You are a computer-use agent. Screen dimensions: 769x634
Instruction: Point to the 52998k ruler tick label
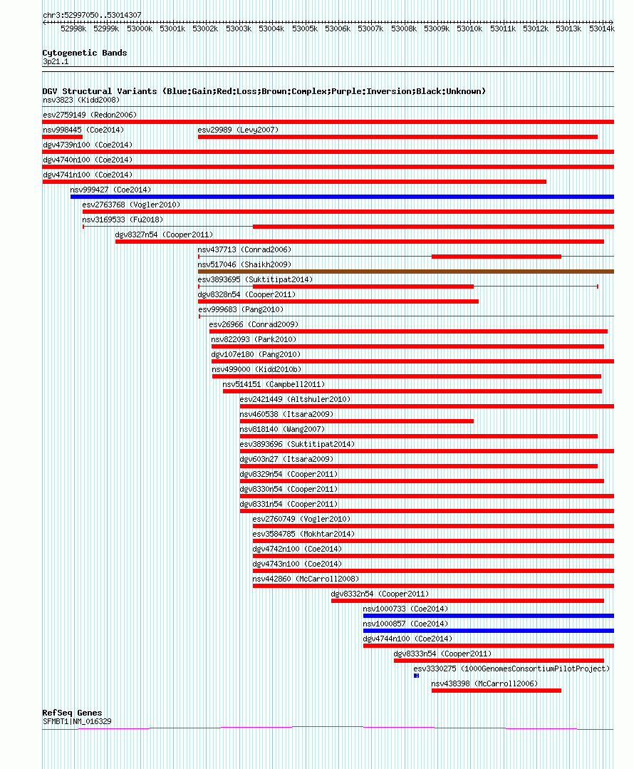73,29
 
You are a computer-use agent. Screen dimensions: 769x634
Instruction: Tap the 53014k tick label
602,29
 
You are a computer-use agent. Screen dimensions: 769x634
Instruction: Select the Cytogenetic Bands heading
85,53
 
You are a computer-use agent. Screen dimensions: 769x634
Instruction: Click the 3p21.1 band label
56,61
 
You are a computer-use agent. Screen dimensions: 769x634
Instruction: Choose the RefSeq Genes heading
72,713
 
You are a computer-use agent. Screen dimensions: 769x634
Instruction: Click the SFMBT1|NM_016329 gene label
77,721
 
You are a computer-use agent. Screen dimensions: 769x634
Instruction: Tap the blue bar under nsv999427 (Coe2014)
342,197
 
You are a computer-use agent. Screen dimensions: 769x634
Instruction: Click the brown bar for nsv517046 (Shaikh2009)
405,272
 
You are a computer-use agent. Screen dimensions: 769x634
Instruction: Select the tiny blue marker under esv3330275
416,676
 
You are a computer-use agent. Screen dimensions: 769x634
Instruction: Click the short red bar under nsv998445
63,137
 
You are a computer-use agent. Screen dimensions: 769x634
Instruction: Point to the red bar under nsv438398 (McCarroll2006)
496,691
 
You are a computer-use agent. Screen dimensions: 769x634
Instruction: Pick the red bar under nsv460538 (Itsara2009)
356,421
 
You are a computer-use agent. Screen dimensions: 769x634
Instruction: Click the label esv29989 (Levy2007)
238,130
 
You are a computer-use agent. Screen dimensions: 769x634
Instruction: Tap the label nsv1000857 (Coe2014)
405,624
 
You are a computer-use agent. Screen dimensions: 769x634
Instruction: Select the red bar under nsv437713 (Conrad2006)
496,257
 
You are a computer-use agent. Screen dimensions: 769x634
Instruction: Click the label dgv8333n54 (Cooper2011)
442,654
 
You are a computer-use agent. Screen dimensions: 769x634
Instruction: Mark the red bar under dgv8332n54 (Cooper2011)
467,601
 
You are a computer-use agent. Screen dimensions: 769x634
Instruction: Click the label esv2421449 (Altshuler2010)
295,399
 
